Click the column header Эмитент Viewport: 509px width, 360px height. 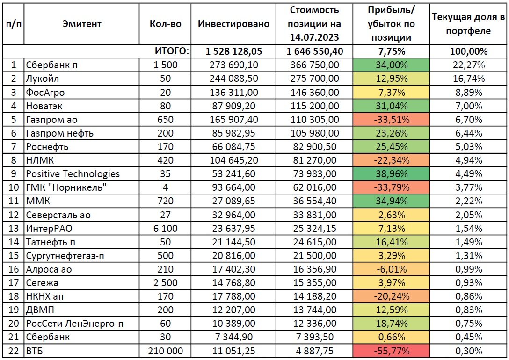[x=81, y=24]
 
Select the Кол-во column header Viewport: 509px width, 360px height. [x=166, y=24]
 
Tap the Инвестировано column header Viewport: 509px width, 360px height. [x=233, y=24]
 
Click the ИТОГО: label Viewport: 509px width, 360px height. [x=172, y=51]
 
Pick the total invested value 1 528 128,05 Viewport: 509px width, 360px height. [x=233, y=51]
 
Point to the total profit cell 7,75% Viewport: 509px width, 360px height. [x=393, y=51]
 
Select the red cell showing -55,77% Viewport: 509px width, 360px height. [x=393, y=350]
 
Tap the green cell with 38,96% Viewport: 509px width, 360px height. [x=393, y=174]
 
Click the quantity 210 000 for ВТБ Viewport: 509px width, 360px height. [x=166, y=350]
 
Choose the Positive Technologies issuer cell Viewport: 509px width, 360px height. [x=73, y=174]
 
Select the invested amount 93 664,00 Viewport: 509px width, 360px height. [x=233, y=187]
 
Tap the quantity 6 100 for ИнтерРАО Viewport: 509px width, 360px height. [x=166, y=228]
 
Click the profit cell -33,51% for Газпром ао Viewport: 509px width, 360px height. [x=393, y=120]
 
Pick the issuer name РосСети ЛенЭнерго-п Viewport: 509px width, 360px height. [x=75, y=323]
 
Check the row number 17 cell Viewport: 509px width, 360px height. [x=13, y=282]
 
